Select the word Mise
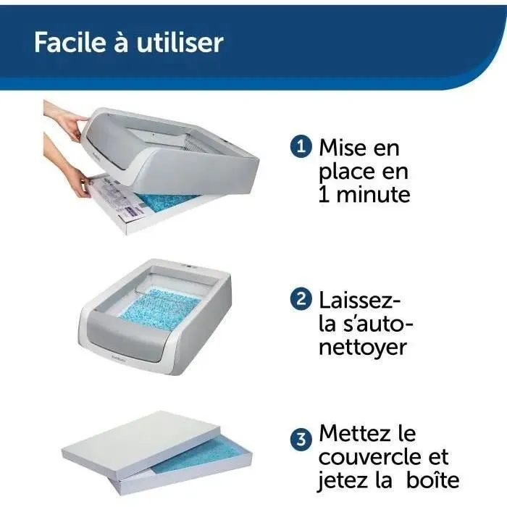pyautogui.click(x=343, y=148)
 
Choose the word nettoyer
pyautogui.click(x=362, y=346)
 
